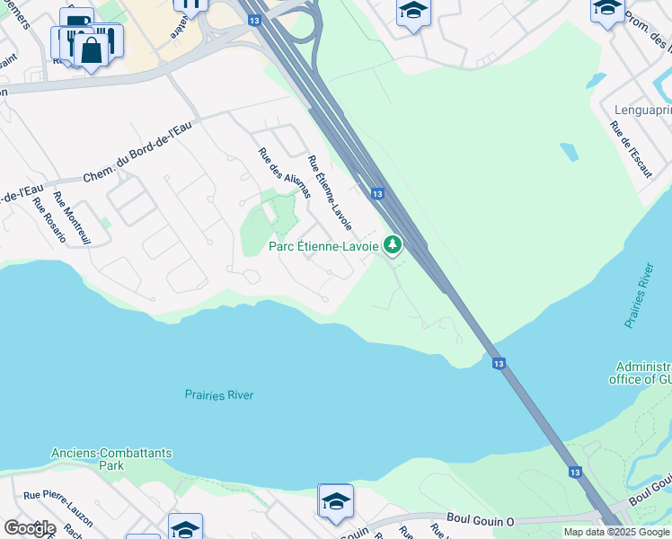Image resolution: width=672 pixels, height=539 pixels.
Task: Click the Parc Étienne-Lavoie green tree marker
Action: click(393, 243)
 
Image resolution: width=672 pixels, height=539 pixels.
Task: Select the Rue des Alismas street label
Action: click(284, 173)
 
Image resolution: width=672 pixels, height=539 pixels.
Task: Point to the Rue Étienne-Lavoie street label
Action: click(329, 191)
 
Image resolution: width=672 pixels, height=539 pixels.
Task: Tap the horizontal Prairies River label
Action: click(219, 394)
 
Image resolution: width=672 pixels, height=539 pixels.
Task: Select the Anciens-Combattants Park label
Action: click(111, 459)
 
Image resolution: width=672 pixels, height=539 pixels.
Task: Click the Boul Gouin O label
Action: click(481, 518)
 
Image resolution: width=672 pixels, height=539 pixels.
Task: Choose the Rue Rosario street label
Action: click(49, 219)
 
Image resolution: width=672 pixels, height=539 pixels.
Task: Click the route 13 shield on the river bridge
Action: click(499, 364)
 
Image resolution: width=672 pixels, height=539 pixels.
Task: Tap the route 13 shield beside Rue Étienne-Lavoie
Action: click(377, 194)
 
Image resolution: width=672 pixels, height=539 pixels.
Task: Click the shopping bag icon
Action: click(91, 49)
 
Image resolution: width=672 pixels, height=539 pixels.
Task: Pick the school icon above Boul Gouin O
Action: click(336, 501)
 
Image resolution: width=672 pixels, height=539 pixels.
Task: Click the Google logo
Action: click(30, 527)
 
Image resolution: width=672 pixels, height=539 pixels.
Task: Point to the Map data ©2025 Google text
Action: click(616, 532)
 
